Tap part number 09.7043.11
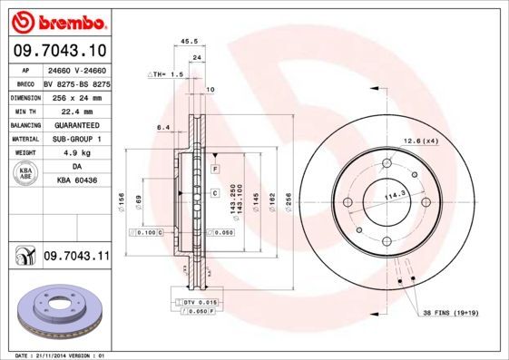tap(75, 257)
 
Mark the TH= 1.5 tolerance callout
tap(169, 73)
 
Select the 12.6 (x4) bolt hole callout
tap(420, 141)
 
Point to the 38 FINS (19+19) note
tap(451, 313)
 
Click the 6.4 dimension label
tap(162, 128)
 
